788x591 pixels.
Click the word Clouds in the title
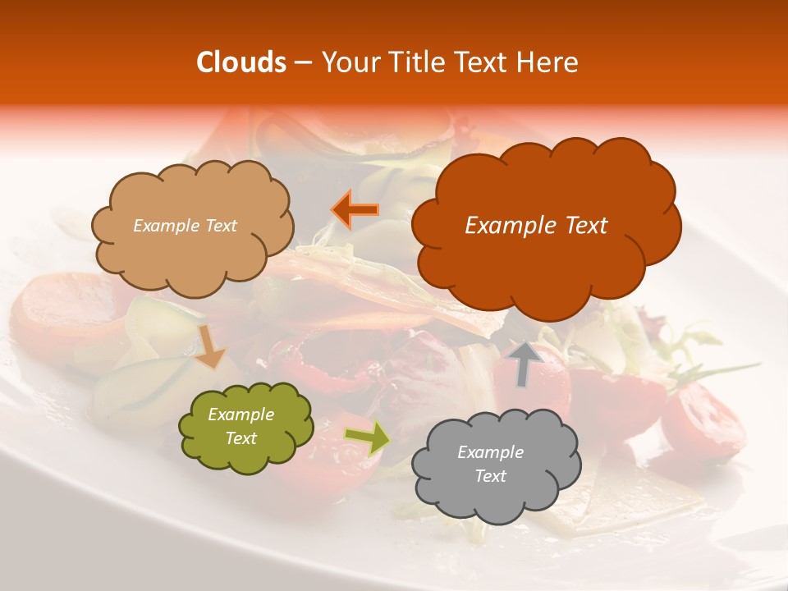point(241,62)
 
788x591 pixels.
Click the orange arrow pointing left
point(355,209)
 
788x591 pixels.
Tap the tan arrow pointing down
point(210,346)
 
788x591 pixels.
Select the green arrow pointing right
point(366,438)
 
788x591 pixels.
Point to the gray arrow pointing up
point(525,363)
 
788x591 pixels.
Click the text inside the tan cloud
point(185,226)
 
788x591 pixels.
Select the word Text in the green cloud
point(241,439)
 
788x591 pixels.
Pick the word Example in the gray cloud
point(490,452)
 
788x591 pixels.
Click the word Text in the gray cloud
point(490,476)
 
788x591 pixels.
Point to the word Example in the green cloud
point(241,415)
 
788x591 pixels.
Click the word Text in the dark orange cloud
point(580,226)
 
